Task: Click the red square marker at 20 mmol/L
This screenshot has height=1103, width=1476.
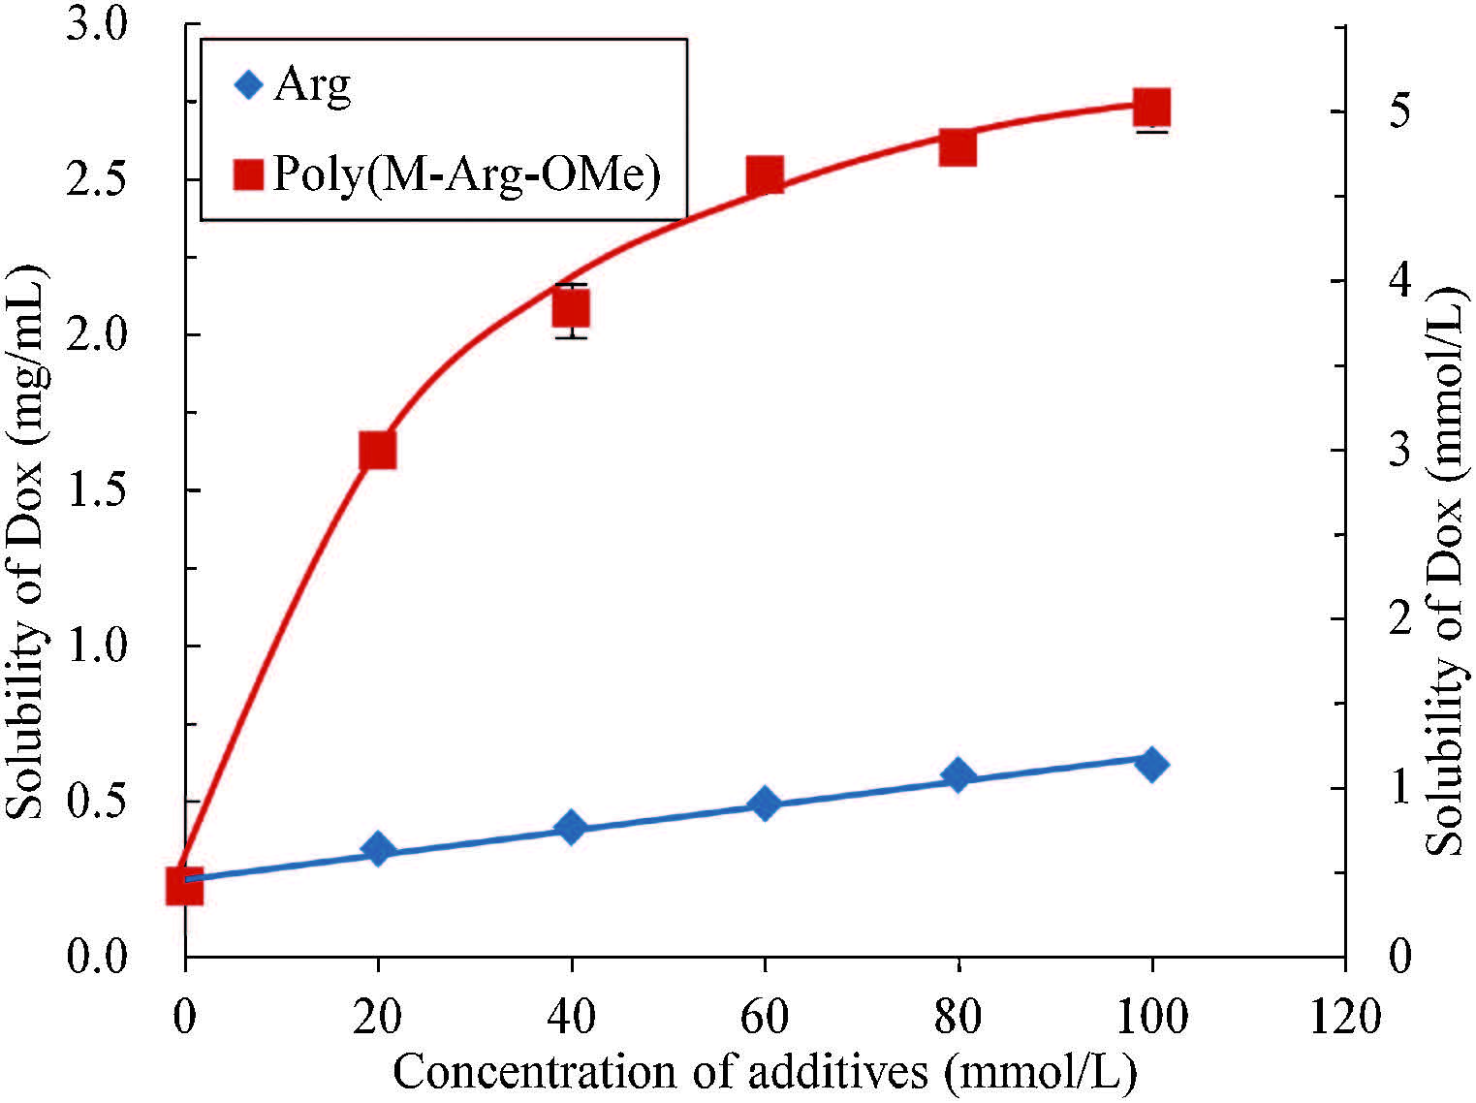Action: pyautogui.click(x=378, y=451)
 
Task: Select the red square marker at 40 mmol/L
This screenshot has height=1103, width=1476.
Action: pyautogui.click(x=572, y=309)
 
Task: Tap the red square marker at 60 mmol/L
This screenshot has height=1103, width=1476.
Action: pyautogui.click(x=765, y=176)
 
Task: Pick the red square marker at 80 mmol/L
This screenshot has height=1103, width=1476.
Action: pyautogui.click(x=958, y=148)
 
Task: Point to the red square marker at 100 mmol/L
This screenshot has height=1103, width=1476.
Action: pyautogui.click(x=1151, y=107)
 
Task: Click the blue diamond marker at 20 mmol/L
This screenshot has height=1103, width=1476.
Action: pyautogui.click(x=378, y=849)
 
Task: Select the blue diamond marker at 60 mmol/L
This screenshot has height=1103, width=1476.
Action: pyautogui.click(x=765, y=804)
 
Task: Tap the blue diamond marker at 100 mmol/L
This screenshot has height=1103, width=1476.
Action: pyautogui.click(x=1151, y=764)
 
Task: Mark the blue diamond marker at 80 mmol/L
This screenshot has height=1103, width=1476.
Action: pyautogui.click(x=958, y=774)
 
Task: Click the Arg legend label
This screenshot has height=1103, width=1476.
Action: pyautogui.click(x=312, y=85)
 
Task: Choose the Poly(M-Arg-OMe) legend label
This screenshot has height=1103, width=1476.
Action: pyautogui.click(x=467, y=174)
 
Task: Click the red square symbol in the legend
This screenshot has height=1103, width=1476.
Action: pyautogui.click(x=249, y=174)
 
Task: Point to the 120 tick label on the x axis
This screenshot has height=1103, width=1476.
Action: pyautogui.click(x=1344, y=1018)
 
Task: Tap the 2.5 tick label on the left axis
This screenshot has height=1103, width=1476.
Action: pyautogui.click(x=97, y=180)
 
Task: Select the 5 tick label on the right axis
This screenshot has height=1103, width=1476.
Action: pyautogui.click(x=1398, y=111)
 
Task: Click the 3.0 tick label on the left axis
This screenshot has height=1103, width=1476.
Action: pyautogui.click(x=97, y=25)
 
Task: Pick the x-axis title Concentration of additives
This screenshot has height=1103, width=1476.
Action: pyautogui.click(x=765, y=1072)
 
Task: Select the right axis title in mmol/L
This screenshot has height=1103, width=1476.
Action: pyautogui.click(x=1446, y=572)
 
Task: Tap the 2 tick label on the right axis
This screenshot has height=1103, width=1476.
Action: pyautogui.click(x=1398, y=618)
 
